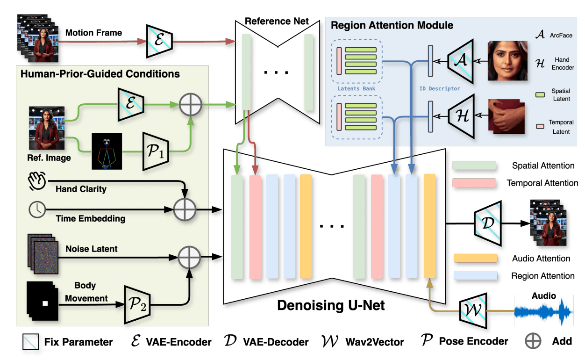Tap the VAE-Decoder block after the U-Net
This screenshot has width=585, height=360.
tap(487, 223)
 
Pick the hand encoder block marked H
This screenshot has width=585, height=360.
tap(461, 114)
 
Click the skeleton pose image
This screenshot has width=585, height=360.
tap(107, 151)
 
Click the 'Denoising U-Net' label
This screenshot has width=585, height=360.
tap(331, 306)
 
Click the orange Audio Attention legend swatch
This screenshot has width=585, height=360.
tap(475, 259)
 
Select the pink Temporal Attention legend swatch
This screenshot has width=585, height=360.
tap(475, 183)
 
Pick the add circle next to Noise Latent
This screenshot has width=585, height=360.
tap(189, 256)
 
